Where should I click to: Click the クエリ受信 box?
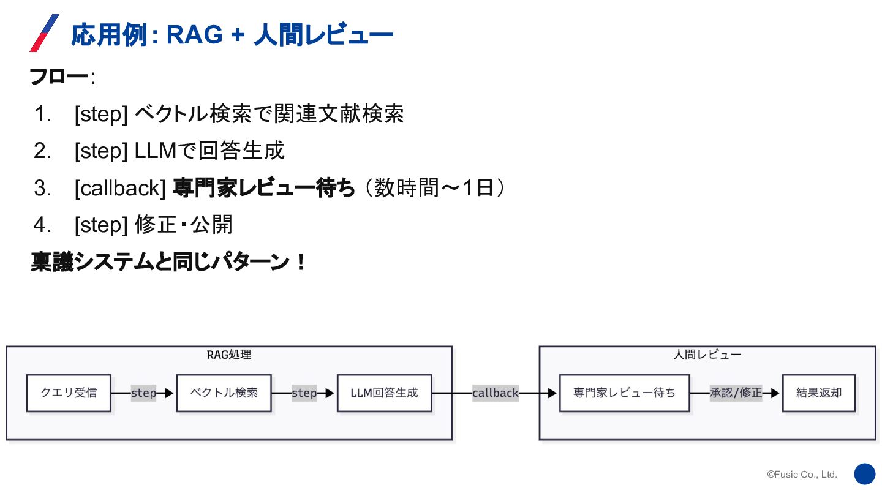coord(69,393)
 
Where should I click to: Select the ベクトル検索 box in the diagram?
coord(224,393)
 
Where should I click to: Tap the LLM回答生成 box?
coord(384,393)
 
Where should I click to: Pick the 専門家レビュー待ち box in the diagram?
coord(624,393)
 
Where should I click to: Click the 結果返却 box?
coord(819,393)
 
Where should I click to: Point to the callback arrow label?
coord(495,393)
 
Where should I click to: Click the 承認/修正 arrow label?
coord(736,393)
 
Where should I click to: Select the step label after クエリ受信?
coord(143,393)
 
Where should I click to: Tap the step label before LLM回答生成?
coord(304,393)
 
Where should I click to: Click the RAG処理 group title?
coord(229,355)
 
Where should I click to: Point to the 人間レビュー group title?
coord(707,355)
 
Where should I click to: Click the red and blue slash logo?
coord(44,33)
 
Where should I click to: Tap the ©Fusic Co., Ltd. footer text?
coord(802,475)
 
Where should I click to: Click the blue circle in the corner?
coord(865,474)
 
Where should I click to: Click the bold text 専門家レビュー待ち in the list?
coord(263,189)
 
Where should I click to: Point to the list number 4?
coord(42,225)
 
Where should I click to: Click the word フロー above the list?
coord(59,78)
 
